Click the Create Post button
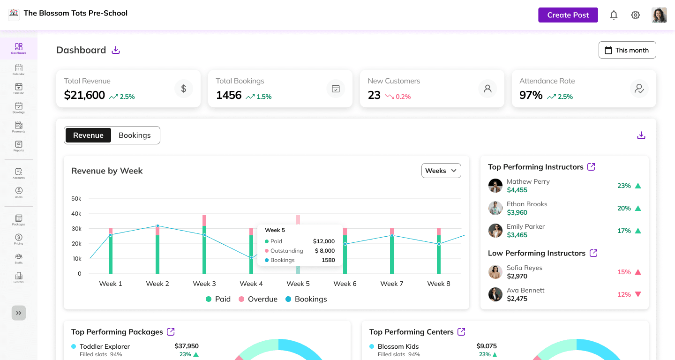pyautogui.click(x=568, y=15)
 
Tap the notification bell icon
pyautogui.click(x=614, y=15)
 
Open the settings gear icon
pyautogui.click(x=635, y=15)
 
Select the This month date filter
pyautogui.click(x=627, y=50)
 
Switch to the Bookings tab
pyautogui.click(x=135, y=135)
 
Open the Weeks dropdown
pyautogui.click(x=441, y=171)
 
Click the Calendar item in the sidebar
pyautogui.click(x=19, y=70)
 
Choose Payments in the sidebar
pyautogui.click(x=19, y=127)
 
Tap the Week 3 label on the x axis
pyautogui.click(x=204, y=284)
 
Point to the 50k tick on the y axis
pyautogui.click(x=76, y=199)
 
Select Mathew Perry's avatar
pyautogui.click(x=495, y=186)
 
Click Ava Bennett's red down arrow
pyautogui.click(x=637, y=294)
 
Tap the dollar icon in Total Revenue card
pyautogui.click(x=183, y=89)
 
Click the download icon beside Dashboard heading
pyautogui.click(x=116, y=50)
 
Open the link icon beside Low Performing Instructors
pyautogui.click(x=593, y=253)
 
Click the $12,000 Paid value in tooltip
pyautogui.click(x=323, y=241)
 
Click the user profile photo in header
pyautogui.click(x=659, y=15)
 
